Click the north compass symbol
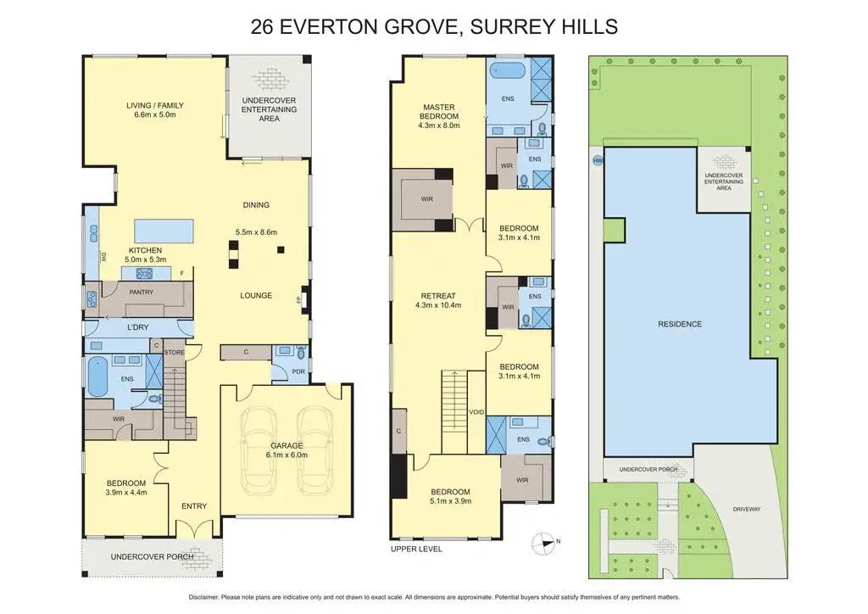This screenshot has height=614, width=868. click(543, 543)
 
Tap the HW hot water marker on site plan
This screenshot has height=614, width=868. click(598, 160)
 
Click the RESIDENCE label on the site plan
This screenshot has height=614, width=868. click(680, 324)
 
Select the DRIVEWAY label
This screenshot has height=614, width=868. click(747, 509)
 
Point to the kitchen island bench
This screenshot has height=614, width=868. click(164, 231)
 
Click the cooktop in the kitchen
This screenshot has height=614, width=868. click(144, 273)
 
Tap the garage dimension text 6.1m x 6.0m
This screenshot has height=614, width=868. click(287, 455)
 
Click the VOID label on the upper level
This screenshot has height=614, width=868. click(476, 412)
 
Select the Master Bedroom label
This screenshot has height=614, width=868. click(439, 111)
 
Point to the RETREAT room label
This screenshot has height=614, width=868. click(438, 296)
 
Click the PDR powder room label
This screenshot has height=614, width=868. click(298, 371)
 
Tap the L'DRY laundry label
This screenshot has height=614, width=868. click(138, 327)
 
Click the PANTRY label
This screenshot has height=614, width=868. click(142, 292)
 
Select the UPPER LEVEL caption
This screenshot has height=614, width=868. click(416, 550)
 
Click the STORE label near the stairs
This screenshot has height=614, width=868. click(175, 352)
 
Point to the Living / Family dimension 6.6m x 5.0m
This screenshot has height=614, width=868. click(155, 114)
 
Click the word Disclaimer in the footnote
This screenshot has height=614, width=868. click(203, 597)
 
